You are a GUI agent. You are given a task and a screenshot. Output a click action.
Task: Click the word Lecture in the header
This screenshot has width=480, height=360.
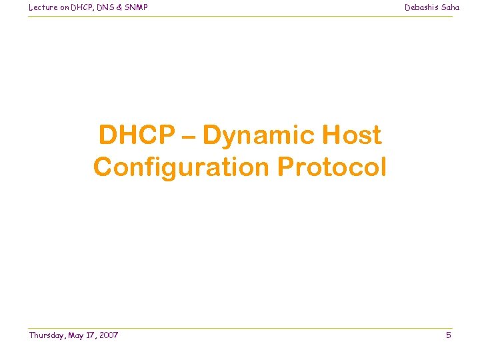42,7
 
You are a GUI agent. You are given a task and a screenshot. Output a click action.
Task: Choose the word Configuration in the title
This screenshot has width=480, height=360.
182,167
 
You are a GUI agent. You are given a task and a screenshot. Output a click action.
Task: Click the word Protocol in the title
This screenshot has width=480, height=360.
332,167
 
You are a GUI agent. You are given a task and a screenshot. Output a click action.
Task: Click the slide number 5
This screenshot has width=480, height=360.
449,335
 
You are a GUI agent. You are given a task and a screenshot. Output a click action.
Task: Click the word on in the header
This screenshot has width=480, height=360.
61,7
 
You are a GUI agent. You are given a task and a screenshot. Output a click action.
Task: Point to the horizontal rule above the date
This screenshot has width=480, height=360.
240,328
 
